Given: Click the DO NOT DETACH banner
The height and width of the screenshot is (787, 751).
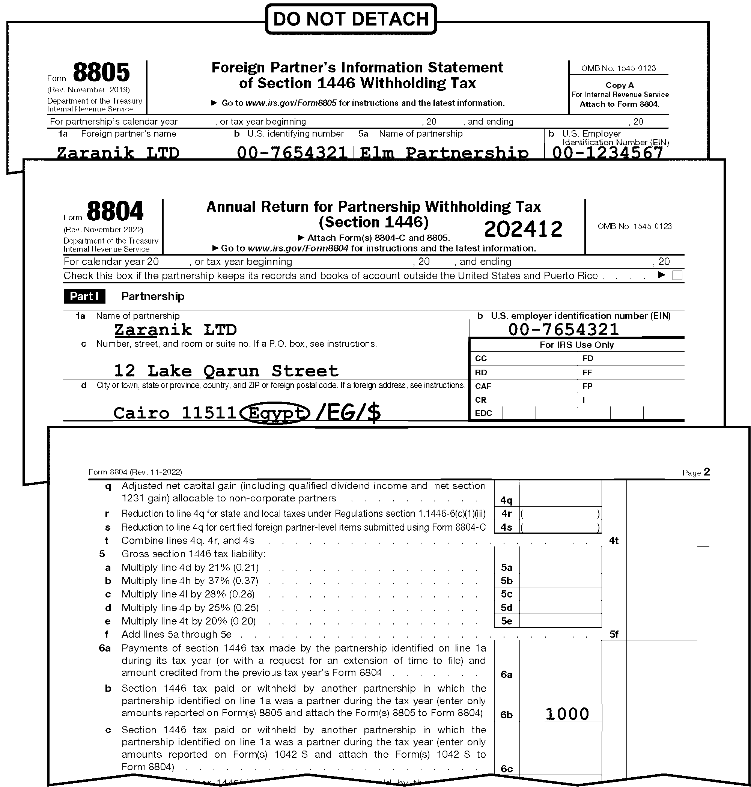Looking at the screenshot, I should [x=351, y=19].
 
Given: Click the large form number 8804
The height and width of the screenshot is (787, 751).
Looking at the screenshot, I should [x=115, y=211].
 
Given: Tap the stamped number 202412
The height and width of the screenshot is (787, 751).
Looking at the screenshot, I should [x=523, y=229].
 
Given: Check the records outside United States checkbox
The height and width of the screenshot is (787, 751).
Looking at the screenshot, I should [x=677, y=275].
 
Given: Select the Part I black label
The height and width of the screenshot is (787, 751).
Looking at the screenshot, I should [x=84, y=296].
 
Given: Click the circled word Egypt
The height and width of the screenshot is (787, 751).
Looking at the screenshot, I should [x=275, y=413].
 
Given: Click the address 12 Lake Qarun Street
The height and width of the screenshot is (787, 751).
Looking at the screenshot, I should [x=226, y=371].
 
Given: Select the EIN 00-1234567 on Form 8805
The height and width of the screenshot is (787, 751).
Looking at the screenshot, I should [x=607, y=152].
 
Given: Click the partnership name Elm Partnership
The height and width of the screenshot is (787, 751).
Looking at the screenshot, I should [x=444, y=152].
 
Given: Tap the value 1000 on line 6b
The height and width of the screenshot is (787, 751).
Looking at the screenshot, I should [x=567, y=714].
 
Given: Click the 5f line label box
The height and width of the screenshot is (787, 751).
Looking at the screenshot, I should [x=614, y=634].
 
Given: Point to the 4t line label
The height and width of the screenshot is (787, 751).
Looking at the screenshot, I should [x=614, y=540].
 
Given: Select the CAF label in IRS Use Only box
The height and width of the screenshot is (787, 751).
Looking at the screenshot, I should [x=482, y=386].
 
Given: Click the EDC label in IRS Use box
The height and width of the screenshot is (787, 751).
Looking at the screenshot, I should [x=483, y=413].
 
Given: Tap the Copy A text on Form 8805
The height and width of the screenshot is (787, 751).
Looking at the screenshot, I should [x=619, y=85].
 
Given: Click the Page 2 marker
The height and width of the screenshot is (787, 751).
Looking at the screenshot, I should [x=696, y=473].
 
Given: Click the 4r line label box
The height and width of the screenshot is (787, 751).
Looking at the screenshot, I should [x=506, y=513].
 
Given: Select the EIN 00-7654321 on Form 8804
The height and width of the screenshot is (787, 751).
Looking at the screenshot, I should [x=563, y=330].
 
